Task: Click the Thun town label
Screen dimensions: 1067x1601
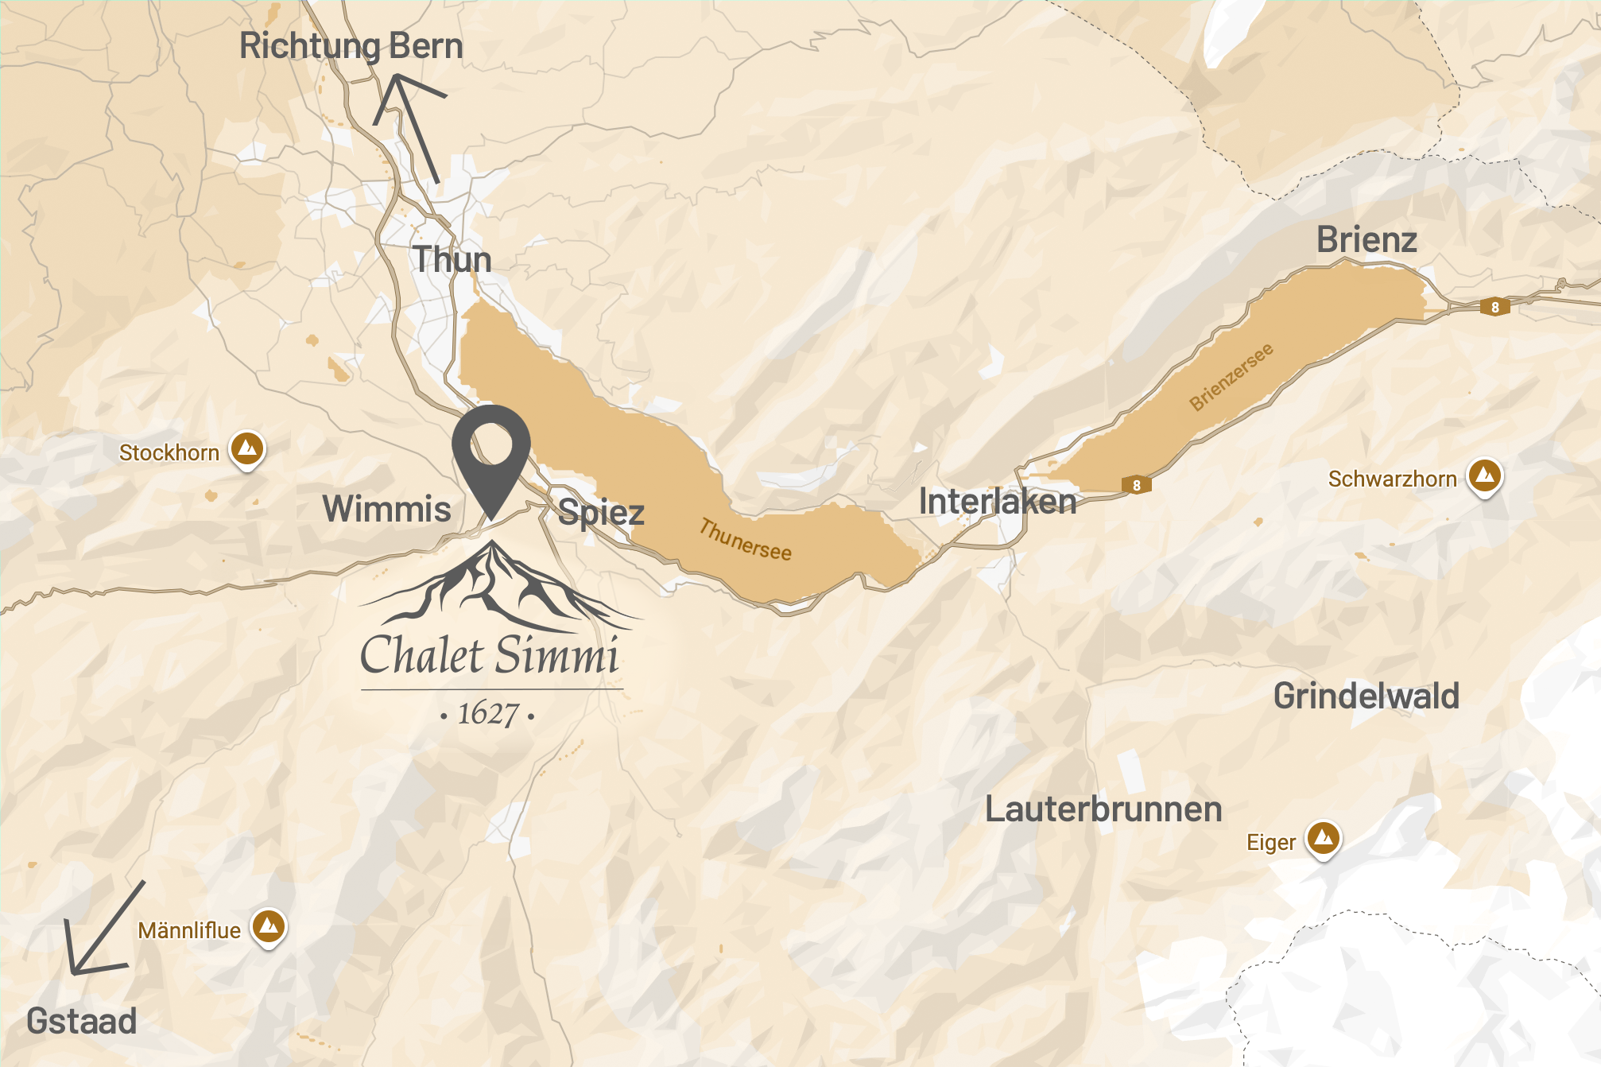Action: pyautogui.click(x=452, y=260)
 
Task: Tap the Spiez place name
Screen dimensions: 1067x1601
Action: pyautogui.click(x=601, y=513)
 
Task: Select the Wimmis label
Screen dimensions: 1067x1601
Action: pyautogui.click(x=386, y=509)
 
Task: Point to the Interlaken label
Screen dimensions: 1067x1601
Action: pyautogui.click(x=998, y=502)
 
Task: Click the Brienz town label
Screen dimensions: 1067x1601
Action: pyautogui.click(x=1366, y=240)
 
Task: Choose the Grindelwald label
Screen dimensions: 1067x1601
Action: pyautogui.click(x=1366, y=696)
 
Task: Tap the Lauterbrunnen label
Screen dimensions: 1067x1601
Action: pyautogui.click(x=1103, y=809)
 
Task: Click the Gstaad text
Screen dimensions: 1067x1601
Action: pyautogui.click(x=81, y=1022)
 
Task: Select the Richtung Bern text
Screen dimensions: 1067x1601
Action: pyautogui.click(x=351, y=46)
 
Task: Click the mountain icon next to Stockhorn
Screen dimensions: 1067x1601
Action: pyautogui.click(x=247, y=448)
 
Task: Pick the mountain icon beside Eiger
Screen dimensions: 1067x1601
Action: pyautogui.click(x=1324, y=838)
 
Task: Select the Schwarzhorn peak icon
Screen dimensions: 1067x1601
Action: pyautogui.click(x=1484, y=475)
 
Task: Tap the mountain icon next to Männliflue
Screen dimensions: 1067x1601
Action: pyautogui.click(x=269, y=925)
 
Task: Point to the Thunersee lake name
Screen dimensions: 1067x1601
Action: pyautogui.click(x=745, y=540)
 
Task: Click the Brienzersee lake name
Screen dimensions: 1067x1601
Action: pyautogui.click(x=1231, y=377)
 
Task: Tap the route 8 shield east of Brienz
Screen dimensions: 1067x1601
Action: pyautogui.click(x=1494, y=307)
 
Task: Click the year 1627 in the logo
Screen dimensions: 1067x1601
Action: pyautogui.click(x=487, y=714)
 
